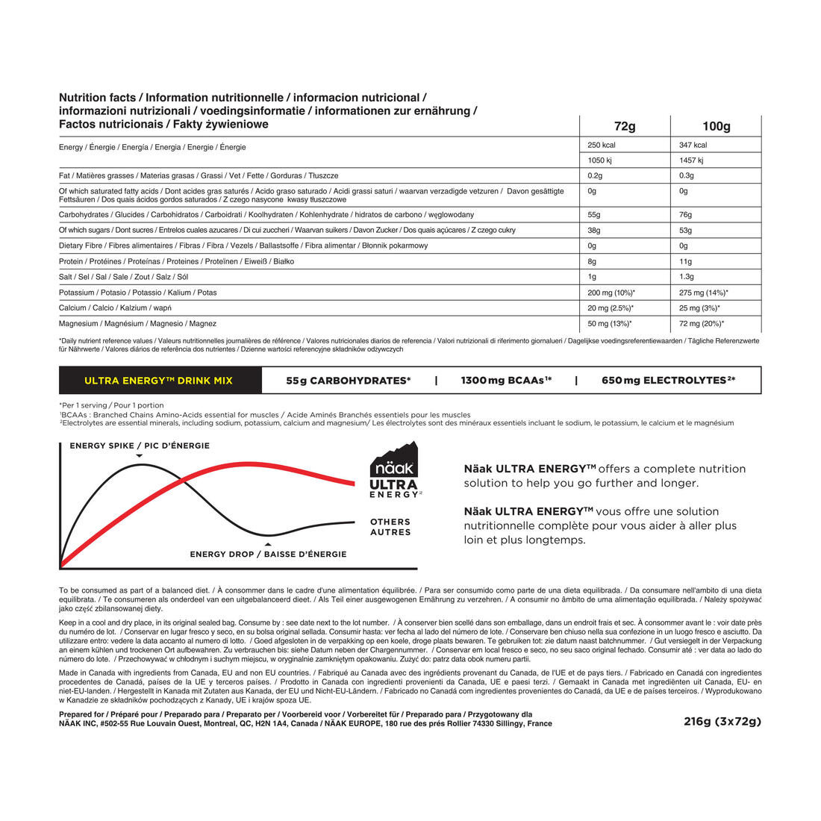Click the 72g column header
(625, 126)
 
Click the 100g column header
(716, 126)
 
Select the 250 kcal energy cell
(602, 146)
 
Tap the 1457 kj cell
(692, 160)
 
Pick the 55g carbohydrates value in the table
(594, 215)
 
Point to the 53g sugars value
(685, 231)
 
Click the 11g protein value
(685, 262)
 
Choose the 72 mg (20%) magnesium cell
(702, 324)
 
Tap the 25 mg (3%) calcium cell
(699, 308)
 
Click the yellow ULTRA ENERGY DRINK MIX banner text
(158, 381)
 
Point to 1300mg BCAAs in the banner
(506, 381)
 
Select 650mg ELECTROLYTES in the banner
(668, 381)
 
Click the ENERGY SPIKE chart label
(140, 446)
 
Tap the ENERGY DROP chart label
(268, 555)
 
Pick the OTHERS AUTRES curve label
(390, 527)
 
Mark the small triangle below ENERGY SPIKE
(140, 455)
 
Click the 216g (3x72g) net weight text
(722, 721)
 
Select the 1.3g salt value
(687, 277)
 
